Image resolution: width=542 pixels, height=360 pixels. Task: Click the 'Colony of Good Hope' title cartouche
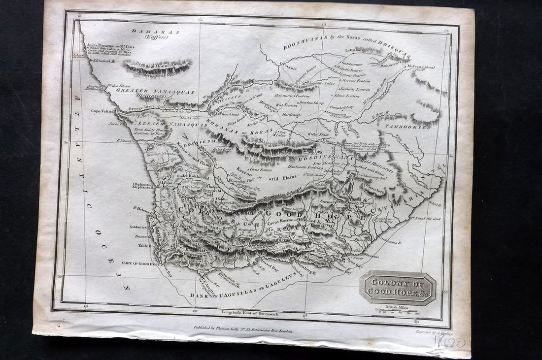[398, 288]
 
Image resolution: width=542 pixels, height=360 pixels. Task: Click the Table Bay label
[143, 245]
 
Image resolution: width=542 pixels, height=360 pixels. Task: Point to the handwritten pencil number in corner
[450, 343]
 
